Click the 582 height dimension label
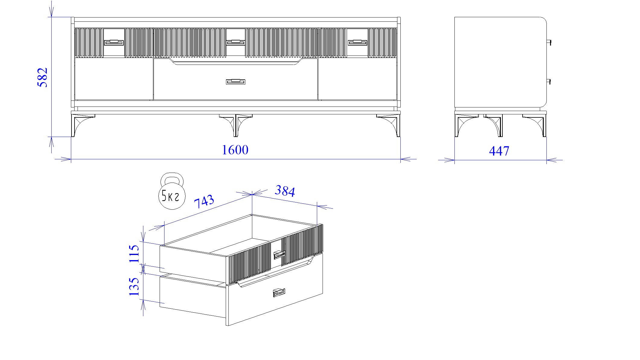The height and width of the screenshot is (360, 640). (43, 78)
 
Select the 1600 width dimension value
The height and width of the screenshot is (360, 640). (235, 150)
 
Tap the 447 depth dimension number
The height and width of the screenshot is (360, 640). (499, 151)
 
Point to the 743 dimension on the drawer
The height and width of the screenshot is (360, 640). (204, 202)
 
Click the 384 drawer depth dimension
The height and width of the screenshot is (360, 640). (285, 191)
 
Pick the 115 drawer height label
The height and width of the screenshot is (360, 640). (134, 253)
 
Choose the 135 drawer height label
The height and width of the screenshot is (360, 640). (134, 286)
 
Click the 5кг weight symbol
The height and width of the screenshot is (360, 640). (171, 191)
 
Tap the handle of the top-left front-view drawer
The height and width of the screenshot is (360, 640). (114, 43)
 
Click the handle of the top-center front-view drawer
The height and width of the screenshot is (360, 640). (236, 42)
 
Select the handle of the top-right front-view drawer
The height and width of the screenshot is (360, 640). (358, 43)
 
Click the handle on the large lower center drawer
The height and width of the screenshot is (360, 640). (236, 81)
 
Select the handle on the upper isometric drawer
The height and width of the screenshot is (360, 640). (279, 255)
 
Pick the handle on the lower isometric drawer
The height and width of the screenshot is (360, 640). (279, 293)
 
